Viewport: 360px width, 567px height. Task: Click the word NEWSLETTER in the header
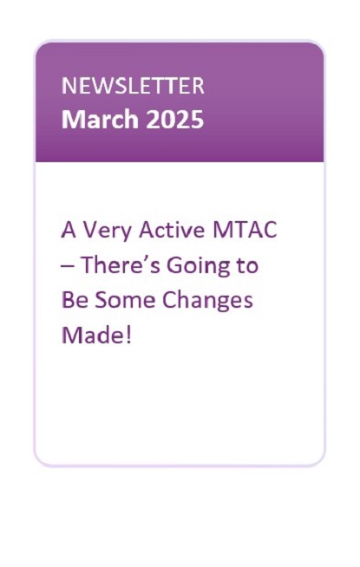coord(133,86)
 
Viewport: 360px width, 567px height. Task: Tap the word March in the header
coord(101,120)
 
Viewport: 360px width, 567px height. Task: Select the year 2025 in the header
coord(175,120)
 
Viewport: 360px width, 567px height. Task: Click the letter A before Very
coord(69,230)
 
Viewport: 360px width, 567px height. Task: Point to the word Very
coord(107,231)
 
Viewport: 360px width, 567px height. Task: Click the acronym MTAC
coord(245,230)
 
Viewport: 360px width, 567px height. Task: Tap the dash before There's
coord(68,265)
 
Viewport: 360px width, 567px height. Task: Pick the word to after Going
coord(248,265)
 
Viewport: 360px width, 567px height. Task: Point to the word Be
coord(75,300)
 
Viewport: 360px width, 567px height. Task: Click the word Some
coord(125,300)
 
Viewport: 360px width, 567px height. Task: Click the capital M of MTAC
coord(222,230)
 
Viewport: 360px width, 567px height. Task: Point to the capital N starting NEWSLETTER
coord(69,86)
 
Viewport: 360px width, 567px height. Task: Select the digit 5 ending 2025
coord(198,120)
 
